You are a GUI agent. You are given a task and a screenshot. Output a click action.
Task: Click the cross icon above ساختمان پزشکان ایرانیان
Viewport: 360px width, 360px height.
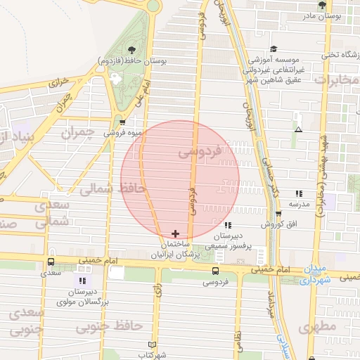(x=175, y=233)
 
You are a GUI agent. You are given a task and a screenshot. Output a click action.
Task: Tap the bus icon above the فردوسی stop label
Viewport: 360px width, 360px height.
(x=214, y=270)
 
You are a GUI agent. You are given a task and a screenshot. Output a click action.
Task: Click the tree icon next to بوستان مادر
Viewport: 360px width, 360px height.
(x=322, y=6)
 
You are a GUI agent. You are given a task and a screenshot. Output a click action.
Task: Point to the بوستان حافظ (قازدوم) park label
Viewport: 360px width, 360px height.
(x=133, y=61)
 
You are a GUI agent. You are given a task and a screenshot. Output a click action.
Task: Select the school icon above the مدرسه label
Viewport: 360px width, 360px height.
(x=299, y=193)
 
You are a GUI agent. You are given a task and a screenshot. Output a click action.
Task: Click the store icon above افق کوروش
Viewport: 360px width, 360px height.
(x=278, y=214)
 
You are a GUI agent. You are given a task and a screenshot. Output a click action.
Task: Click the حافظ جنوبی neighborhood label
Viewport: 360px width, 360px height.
(x=109, y=327)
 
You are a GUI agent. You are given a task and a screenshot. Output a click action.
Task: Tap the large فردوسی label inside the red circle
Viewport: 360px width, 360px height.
(x=200, y=150)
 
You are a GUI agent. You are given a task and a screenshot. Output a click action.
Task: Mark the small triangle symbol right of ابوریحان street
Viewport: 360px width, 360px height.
(x=299, y=129)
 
